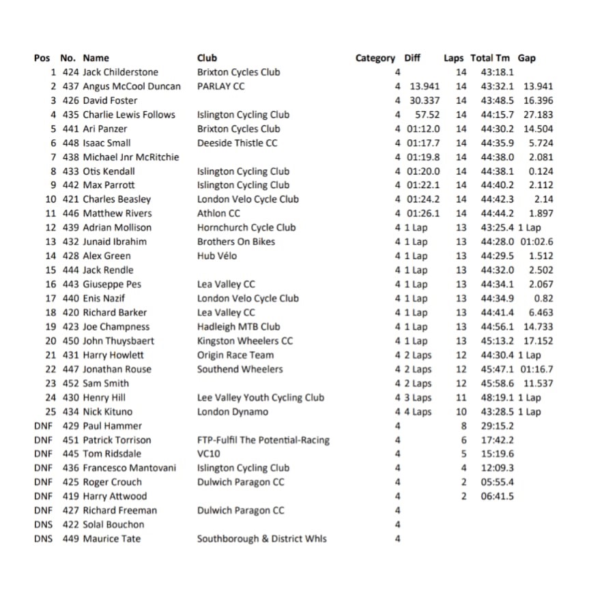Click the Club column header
pos(207,58)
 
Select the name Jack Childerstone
pos(120,72)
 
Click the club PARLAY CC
pos(220,87)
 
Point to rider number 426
pos(70,100)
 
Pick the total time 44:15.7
pos(498,115)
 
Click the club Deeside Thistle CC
pos(237,143)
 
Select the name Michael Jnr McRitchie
pos(130,157)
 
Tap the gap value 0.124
pos(541,171)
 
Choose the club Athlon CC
pos(218,213)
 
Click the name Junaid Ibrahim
pos(115,241)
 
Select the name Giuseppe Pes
pos(112,284)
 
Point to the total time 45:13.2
pos(498,341)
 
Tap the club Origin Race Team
pos(235,355)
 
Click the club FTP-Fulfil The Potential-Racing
pos(263,440)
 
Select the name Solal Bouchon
pos(113,524)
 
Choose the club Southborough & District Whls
pos(261,539)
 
